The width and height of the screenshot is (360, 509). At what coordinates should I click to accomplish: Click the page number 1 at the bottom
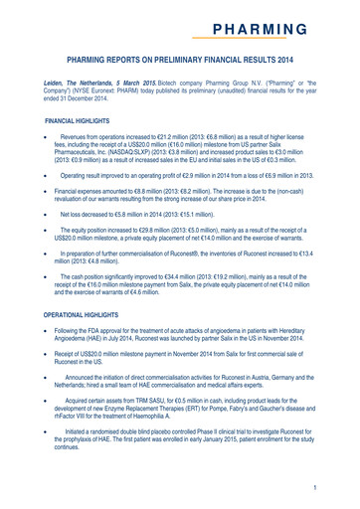click(340, 488)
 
